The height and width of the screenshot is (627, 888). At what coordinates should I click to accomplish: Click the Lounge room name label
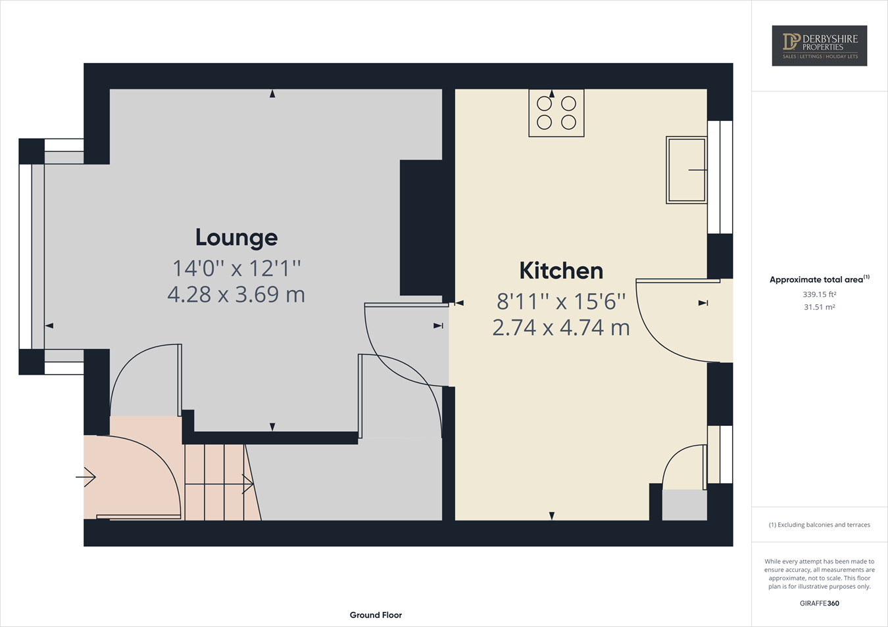[x=236, y=237]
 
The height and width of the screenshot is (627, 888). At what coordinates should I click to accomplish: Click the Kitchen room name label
[x=561, y=271]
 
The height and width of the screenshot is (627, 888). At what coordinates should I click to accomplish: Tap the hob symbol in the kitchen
[x=556, y=113]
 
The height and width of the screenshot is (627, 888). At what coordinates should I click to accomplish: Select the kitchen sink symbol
[x=687, y=170]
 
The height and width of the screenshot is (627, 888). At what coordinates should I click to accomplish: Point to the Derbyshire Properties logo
[x=819, y=45]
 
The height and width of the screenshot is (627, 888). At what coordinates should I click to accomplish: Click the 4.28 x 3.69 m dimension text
[x=236, y=294]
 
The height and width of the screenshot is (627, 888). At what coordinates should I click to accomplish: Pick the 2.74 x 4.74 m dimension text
[x=561, y=327]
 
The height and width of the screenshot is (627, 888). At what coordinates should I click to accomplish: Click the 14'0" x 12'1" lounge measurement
[x=236, y=268]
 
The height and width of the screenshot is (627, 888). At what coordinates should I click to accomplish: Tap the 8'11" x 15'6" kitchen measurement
[x=561, y=302]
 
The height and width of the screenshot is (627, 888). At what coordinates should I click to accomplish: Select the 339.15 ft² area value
[x=819, y=294]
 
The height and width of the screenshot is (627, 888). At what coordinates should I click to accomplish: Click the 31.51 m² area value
[x=819, y=307]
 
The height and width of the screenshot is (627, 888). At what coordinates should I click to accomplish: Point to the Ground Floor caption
[x=376, y=615]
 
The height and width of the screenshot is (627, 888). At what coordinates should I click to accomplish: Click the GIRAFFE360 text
[x=819, y=603]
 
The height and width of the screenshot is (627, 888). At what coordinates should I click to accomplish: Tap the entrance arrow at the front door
[x=86, y=476]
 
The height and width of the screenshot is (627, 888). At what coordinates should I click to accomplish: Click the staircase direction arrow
[x=247, y=484]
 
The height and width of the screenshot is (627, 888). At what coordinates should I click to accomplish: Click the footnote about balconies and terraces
[x=819, y=524]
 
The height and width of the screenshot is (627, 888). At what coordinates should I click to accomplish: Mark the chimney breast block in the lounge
[x=421, y=227]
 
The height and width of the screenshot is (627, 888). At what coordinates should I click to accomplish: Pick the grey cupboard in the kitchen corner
[x=684, y=505]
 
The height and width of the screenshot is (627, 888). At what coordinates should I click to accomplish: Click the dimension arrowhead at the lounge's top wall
[x=272, y=94]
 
